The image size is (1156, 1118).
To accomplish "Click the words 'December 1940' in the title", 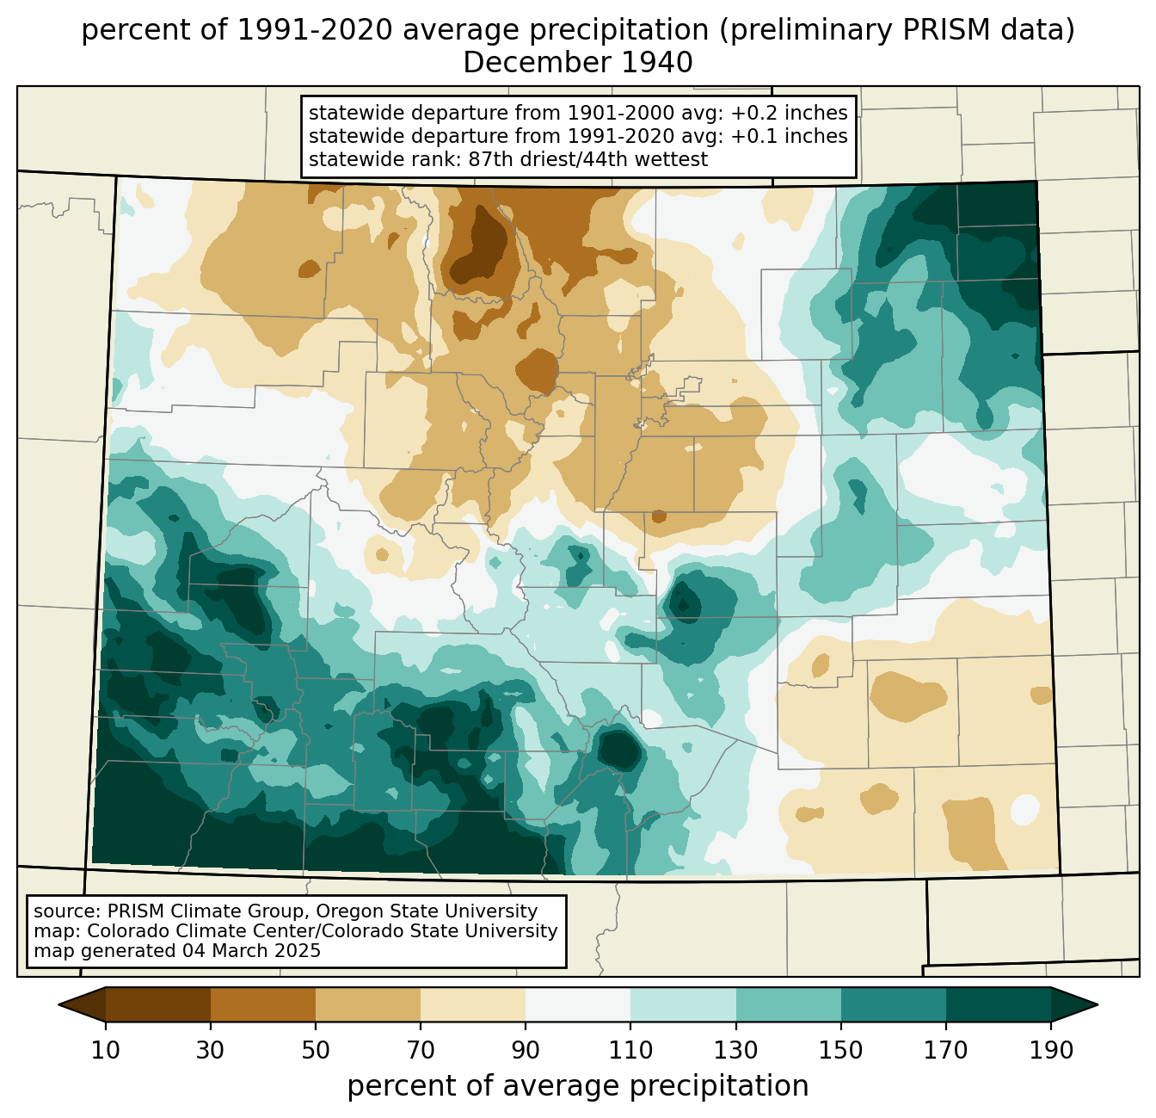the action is point(578,63).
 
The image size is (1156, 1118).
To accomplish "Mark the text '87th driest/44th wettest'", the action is point(588,159).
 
